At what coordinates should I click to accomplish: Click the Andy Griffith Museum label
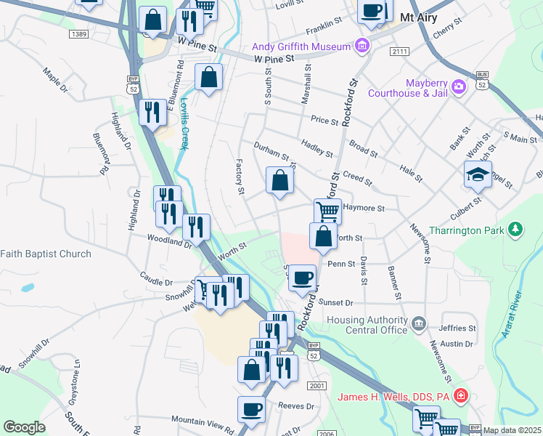[x=301, y=47]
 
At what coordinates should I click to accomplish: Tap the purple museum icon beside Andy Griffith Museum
[x=362, y=47]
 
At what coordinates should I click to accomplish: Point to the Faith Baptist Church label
[x=46, y=254]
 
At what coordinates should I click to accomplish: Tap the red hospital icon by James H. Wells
[x=460, y=396]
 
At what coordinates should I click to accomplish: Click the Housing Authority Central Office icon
[x=419, y=322]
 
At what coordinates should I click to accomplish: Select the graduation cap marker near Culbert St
[x=478, y=174]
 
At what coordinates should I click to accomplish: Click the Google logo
[x=24, y=427]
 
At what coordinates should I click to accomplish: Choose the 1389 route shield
[x=79, y=34]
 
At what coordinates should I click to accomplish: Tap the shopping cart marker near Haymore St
[x=327, y=211]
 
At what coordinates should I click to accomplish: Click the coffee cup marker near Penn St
[x=302, y=277]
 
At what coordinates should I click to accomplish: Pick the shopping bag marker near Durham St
[x=279, y=180]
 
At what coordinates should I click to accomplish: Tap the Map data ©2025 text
[x=512, y=430]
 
